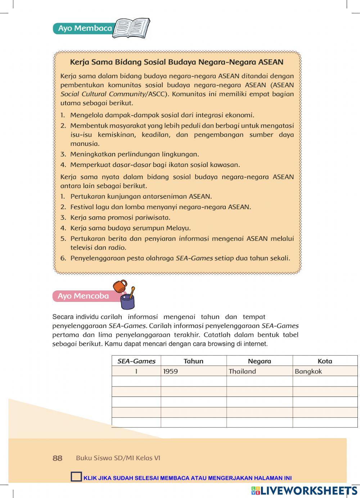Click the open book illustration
131,28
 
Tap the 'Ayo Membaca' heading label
85,28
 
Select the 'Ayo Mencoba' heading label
83,296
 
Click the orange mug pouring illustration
120,286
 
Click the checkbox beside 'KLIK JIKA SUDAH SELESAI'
76,477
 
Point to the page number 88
58,458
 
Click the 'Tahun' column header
193,361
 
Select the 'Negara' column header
259,361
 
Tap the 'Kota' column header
325,361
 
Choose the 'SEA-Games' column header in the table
136,361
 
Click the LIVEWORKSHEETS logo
304,490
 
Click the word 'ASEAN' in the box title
271,62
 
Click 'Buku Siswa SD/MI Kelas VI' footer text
118,458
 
